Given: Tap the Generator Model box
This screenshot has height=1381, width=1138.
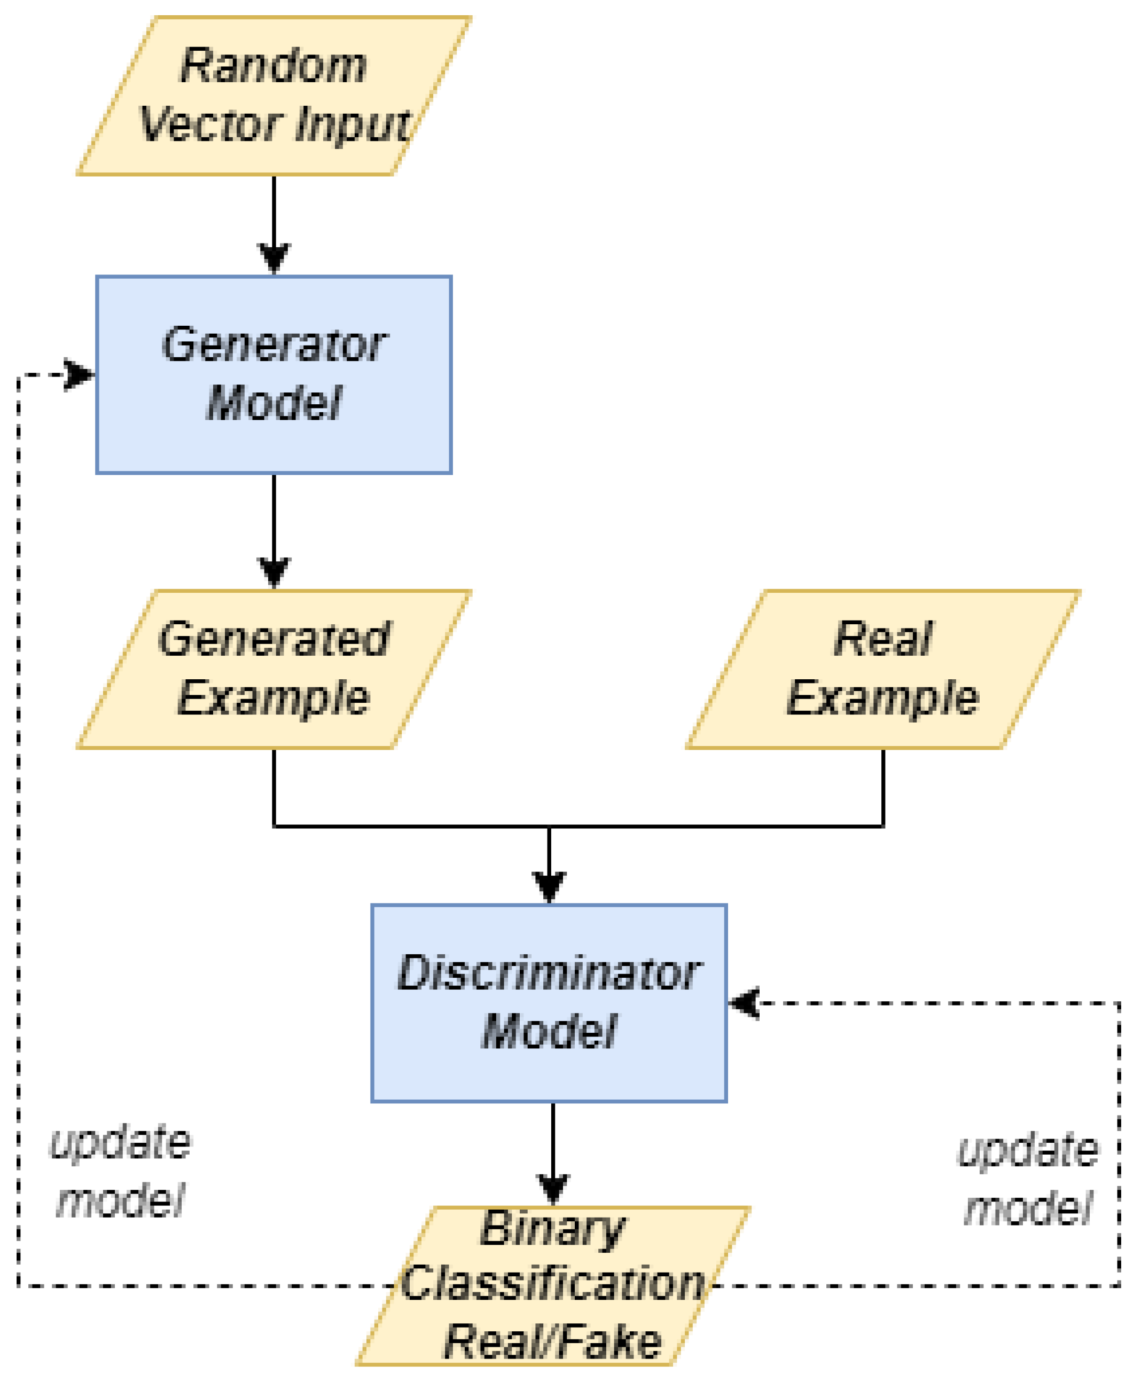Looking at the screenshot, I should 273,373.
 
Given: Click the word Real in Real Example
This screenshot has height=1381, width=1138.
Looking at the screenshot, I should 882,639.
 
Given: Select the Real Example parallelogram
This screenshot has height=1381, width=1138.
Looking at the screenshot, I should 882,669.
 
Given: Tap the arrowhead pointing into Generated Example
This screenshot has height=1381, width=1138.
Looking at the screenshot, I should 274,572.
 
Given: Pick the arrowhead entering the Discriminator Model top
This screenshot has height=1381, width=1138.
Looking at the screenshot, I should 549,887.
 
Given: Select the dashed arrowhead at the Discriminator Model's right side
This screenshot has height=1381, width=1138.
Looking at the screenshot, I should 745,1003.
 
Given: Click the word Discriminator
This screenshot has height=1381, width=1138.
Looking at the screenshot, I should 549,974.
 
